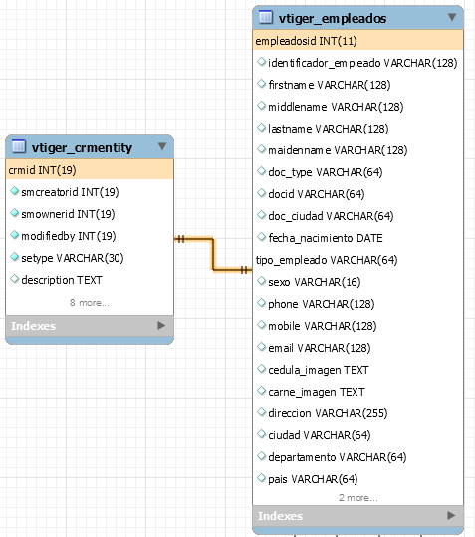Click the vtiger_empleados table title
point(333,19)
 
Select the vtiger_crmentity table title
point(82,147)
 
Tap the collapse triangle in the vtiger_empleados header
point(452,17)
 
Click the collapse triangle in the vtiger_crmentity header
point(162,146)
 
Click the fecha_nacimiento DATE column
point(326,238)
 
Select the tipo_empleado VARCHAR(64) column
point(327,260)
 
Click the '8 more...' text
point(90,303)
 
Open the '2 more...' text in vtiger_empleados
point(358,498)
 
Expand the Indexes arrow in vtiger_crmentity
point(161,325)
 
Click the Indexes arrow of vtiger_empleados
point(451,515)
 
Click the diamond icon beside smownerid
point(14,213)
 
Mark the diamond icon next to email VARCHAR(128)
point(262,347)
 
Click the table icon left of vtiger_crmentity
point(19,146)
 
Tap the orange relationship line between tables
point(213,254)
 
